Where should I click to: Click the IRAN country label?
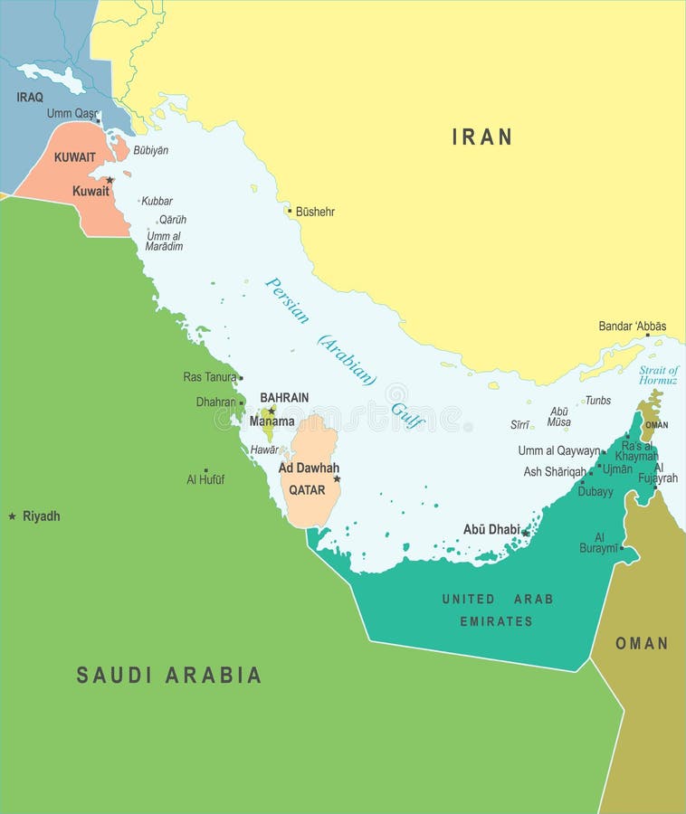(x=481, y=137)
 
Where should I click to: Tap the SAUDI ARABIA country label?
(x=168, y=675)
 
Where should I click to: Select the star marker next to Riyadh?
(x=12, y=516)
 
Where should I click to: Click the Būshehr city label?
(x=315, y=212)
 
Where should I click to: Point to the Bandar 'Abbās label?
(x=632, y=327)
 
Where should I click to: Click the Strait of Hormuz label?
(x=658, y=375)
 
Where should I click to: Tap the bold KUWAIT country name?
(x=74, y=157)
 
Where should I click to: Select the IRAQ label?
(x=30, y=97)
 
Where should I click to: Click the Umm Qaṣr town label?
(x=71, y=114)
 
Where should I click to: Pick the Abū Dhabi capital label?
(x=491, y=530)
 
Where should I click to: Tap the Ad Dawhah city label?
(x=309, y=469)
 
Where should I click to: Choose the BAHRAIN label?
(x=284, y=397)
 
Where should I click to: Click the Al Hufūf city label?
(x=205, y=479)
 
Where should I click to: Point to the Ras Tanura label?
(x=209, y=377)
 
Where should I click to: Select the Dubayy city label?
(x=595, y=492)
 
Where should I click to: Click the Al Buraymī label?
(x=599, y=542)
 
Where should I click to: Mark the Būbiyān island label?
(x=150, y=150)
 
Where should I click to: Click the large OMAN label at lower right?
(x=642, y=643)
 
